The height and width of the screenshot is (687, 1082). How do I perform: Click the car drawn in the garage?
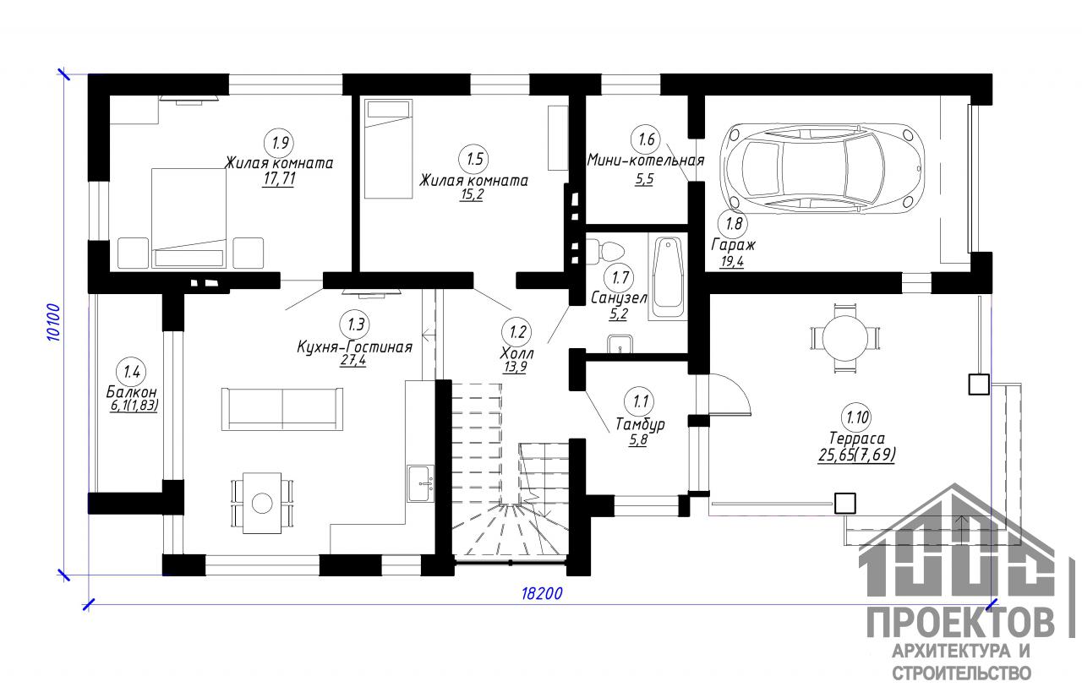tap(822, 168)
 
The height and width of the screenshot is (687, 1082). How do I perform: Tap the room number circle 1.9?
tap(280, 143)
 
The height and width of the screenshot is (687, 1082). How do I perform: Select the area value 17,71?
tap(279, 179)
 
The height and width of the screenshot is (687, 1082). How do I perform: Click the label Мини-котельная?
tap(646, 161)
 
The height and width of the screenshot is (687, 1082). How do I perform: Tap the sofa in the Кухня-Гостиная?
tap(282, 408)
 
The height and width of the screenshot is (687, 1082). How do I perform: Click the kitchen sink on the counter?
tap(421, 483)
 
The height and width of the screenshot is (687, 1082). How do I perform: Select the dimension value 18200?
tap(542, 593)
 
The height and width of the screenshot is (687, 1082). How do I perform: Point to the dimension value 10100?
tap(54, 323)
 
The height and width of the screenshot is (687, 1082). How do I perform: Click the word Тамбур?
tap(640, 424)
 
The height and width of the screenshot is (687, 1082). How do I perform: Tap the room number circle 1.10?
tap(857, 417)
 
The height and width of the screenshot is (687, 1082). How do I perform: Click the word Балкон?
tap(131, 391)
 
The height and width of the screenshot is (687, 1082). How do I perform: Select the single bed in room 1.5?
tap(388, 149)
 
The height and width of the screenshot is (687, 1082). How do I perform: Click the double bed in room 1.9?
tap(189, 218)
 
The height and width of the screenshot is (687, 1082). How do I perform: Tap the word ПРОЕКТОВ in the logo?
tap(961, 624)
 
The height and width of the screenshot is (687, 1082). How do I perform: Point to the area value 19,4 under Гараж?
tap(732, 262)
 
